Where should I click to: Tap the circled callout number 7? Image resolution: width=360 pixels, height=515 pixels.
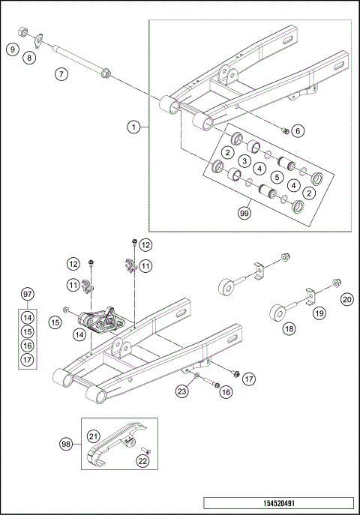tap(61, 75)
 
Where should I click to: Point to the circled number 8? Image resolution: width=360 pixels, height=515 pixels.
tap(30, 57)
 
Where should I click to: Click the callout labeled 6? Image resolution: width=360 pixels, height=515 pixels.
tap(298, 130)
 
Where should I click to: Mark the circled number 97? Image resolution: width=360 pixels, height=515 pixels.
tap(27, 293)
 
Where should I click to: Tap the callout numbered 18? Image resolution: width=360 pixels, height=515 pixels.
tap(289, 328)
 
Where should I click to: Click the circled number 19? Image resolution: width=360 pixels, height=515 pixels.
tap(319, 314)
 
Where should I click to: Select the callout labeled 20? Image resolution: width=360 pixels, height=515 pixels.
tap(346, 299)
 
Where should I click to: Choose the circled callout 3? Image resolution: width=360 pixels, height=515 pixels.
tap(244, 161)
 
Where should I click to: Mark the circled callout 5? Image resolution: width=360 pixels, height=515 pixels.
tap(277, 177)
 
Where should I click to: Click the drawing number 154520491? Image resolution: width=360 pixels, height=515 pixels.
tap(277, 503)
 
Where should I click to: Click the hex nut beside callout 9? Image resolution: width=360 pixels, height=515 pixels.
tap(22, 32)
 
